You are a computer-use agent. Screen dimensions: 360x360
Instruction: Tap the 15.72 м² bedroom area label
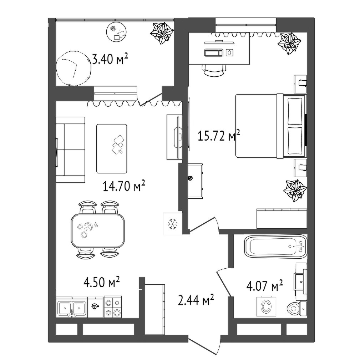[219, 136]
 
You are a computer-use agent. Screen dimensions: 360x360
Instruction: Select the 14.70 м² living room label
[124, 186]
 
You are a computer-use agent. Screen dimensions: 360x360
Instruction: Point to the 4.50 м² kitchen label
[101, 282]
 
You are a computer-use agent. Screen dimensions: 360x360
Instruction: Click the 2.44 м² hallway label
[196, 300]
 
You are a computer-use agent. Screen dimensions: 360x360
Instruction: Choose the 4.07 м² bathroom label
[264, 285]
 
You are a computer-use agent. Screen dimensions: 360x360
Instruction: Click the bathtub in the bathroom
[276, 246]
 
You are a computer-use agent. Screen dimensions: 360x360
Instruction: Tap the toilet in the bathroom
[296, 309]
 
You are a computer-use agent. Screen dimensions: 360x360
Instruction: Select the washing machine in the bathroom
[266, 306]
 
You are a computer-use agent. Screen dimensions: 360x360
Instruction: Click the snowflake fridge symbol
[173, 224]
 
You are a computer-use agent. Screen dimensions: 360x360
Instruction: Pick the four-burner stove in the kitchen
[113, 307]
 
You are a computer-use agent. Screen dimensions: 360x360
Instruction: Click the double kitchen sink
[72, 308]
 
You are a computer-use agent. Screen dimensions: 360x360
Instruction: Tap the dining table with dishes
[98, 230]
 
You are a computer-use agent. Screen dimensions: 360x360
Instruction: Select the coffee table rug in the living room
[112, 148]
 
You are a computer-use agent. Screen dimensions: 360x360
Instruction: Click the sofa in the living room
[71, 150]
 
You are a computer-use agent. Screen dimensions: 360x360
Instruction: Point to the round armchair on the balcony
[73, 68]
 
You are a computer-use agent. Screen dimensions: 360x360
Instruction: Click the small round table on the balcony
[117, 32]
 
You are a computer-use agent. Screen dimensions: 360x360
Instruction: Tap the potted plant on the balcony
[162, 33]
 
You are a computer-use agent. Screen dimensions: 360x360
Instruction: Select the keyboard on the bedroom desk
[214, 52]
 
